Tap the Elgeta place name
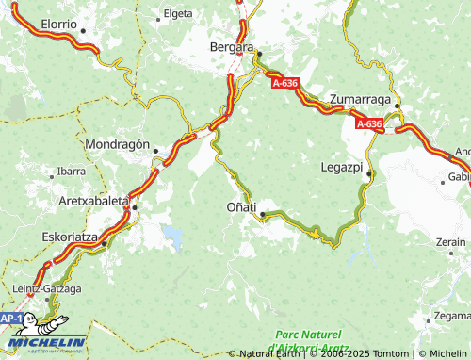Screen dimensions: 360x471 tap(177, 14)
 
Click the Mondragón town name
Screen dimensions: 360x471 tap(119, 146)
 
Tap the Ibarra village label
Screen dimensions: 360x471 tap(72, 172)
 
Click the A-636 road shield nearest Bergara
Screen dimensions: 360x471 tap(287, 83)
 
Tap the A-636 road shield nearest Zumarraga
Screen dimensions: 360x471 tap(369, 123)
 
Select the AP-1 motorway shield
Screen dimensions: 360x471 tap(10, 319)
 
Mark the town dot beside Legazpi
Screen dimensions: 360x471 tap(369, 174)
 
